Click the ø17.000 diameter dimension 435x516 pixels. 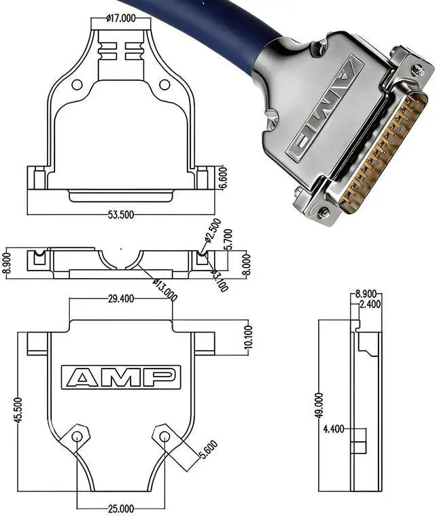(x=121, y=18)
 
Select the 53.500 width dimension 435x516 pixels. (x=121, y=215)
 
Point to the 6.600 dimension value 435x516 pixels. (x=223, y=178)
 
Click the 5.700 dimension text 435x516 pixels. (x=228, y=239)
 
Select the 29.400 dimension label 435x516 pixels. (x=121, y=299)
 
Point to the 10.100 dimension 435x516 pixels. (x=249, y=337)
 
